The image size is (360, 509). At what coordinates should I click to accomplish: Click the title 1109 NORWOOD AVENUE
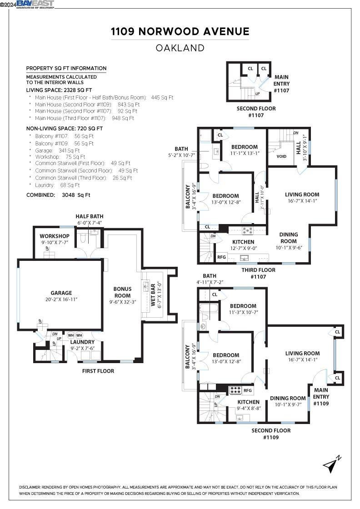coord(180,31)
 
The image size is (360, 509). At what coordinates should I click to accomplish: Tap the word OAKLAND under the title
coord(180,48)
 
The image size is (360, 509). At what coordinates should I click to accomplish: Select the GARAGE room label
coord(61,293)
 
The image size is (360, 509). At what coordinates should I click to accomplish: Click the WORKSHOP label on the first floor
coord(55,236)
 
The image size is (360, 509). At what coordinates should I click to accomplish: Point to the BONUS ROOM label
coord(122,292)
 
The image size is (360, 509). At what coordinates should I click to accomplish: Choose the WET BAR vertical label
coord(153,295)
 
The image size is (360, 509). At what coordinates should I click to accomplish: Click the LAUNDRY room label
coord(82,342)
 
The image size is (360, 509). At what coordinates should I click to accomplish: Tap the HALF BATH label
coord(90,216)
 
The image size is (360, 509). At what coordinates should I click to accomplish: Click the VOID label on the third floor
coord(281,156)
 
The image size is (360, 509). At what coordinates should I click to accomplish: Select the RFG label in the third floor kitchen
coord(221,257)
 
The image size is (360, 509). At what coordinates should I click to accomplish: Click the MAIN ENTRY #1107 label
coord(281,84)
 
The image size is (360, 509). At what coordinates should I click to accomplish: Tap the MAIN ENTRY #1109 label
coord(321,397)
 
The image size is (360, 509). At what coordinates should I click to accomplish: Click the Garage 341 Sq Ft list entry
coord(57,150)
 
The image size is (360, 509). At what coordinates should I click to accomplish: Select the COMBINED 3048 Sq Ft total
coord(58,195)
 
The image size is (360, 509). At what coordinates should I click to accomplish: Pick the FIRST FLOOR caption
coord(98,371)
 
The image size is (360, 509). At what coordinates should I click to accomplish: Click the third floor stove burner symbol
coord(247,230)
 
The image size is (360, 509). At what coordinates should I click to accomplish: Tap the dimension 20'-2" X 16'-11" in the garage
coord(61,299)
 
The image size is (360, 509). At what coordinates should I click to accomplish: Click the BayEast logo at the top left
coord(35,4)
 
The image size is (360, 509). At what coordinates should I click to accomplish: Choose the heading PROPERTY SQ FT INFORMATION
coord(66,68)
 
